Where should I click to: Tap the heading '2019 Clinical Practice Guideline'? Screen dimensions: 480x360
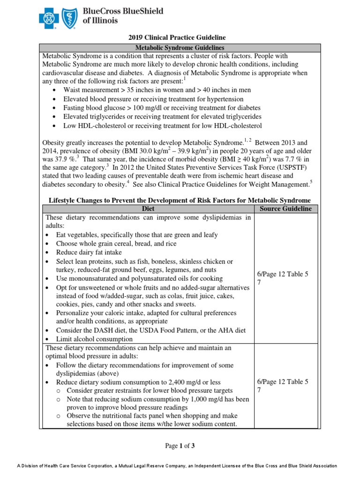[180, 37]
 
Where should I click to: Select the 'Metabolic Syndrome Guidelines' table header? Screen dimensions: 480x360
[180, 48]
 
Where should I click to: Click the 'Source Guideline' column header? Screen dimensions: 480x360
[285, 209]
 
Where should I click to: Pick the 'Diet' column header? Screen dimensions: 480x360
[148, 209]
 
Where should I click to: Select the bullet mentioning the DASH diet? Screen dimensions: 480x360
[150, 330]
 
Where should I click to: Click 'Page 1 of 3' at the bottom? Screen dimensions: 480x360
[180, 446]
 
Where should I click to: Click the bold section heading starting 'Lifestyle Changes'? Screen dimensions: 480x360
[180, 200]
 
